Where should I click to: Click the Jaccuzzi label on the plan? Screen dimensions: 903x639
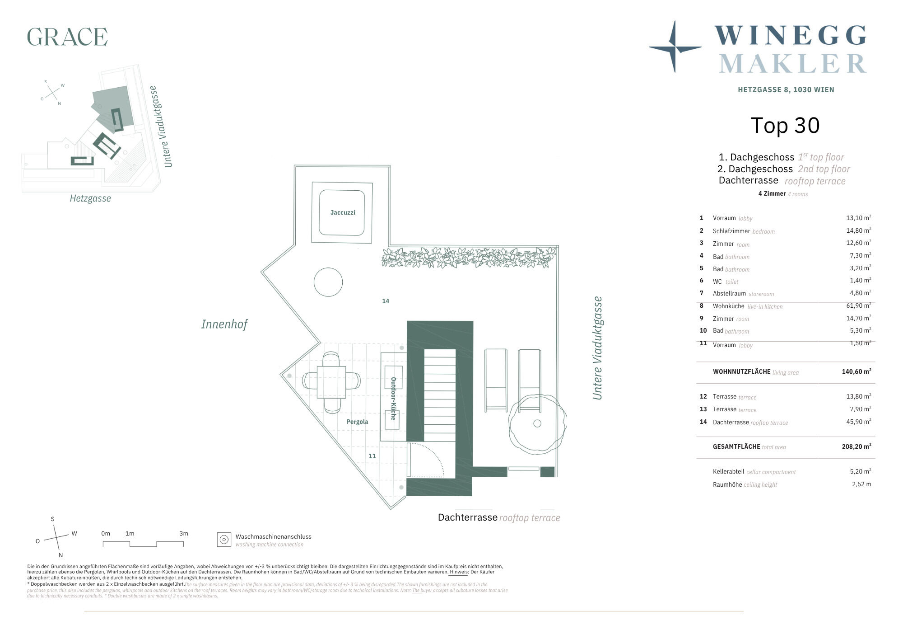343,212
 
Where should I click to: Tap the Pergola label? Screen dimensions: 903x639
357,422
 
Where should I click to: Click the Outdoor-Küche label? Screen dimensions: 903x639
393,399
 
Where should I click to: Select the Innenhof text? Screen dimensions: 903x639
224,324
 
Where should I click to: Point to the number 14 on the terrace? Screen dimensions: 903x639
386,301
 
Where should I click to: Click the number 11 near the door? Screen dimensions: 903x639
372,456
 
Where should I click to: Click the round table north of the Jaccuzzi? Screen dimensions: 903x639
328,282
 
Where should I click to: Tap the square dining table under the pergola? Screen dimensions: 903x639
331,382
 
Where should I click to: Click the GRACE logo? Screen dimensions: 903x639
67,37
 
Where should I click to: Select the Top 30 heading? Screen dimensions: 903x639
785,126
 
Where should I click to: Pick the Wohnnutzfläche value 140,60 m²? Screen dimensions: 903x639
856,371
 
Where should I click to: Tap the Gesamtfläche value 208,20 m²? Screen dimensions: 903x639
856,446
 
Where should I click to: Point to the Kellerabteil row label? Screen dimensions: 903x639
729,471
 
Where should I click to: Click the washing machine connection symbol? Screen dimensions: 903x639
224,539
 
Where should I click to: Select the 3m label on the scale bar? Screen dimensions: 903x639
184,533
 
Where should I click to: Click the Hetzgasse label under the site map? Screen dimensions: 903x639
90,198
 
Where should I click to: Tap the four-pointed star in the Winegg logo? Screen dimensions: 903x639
675,47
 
